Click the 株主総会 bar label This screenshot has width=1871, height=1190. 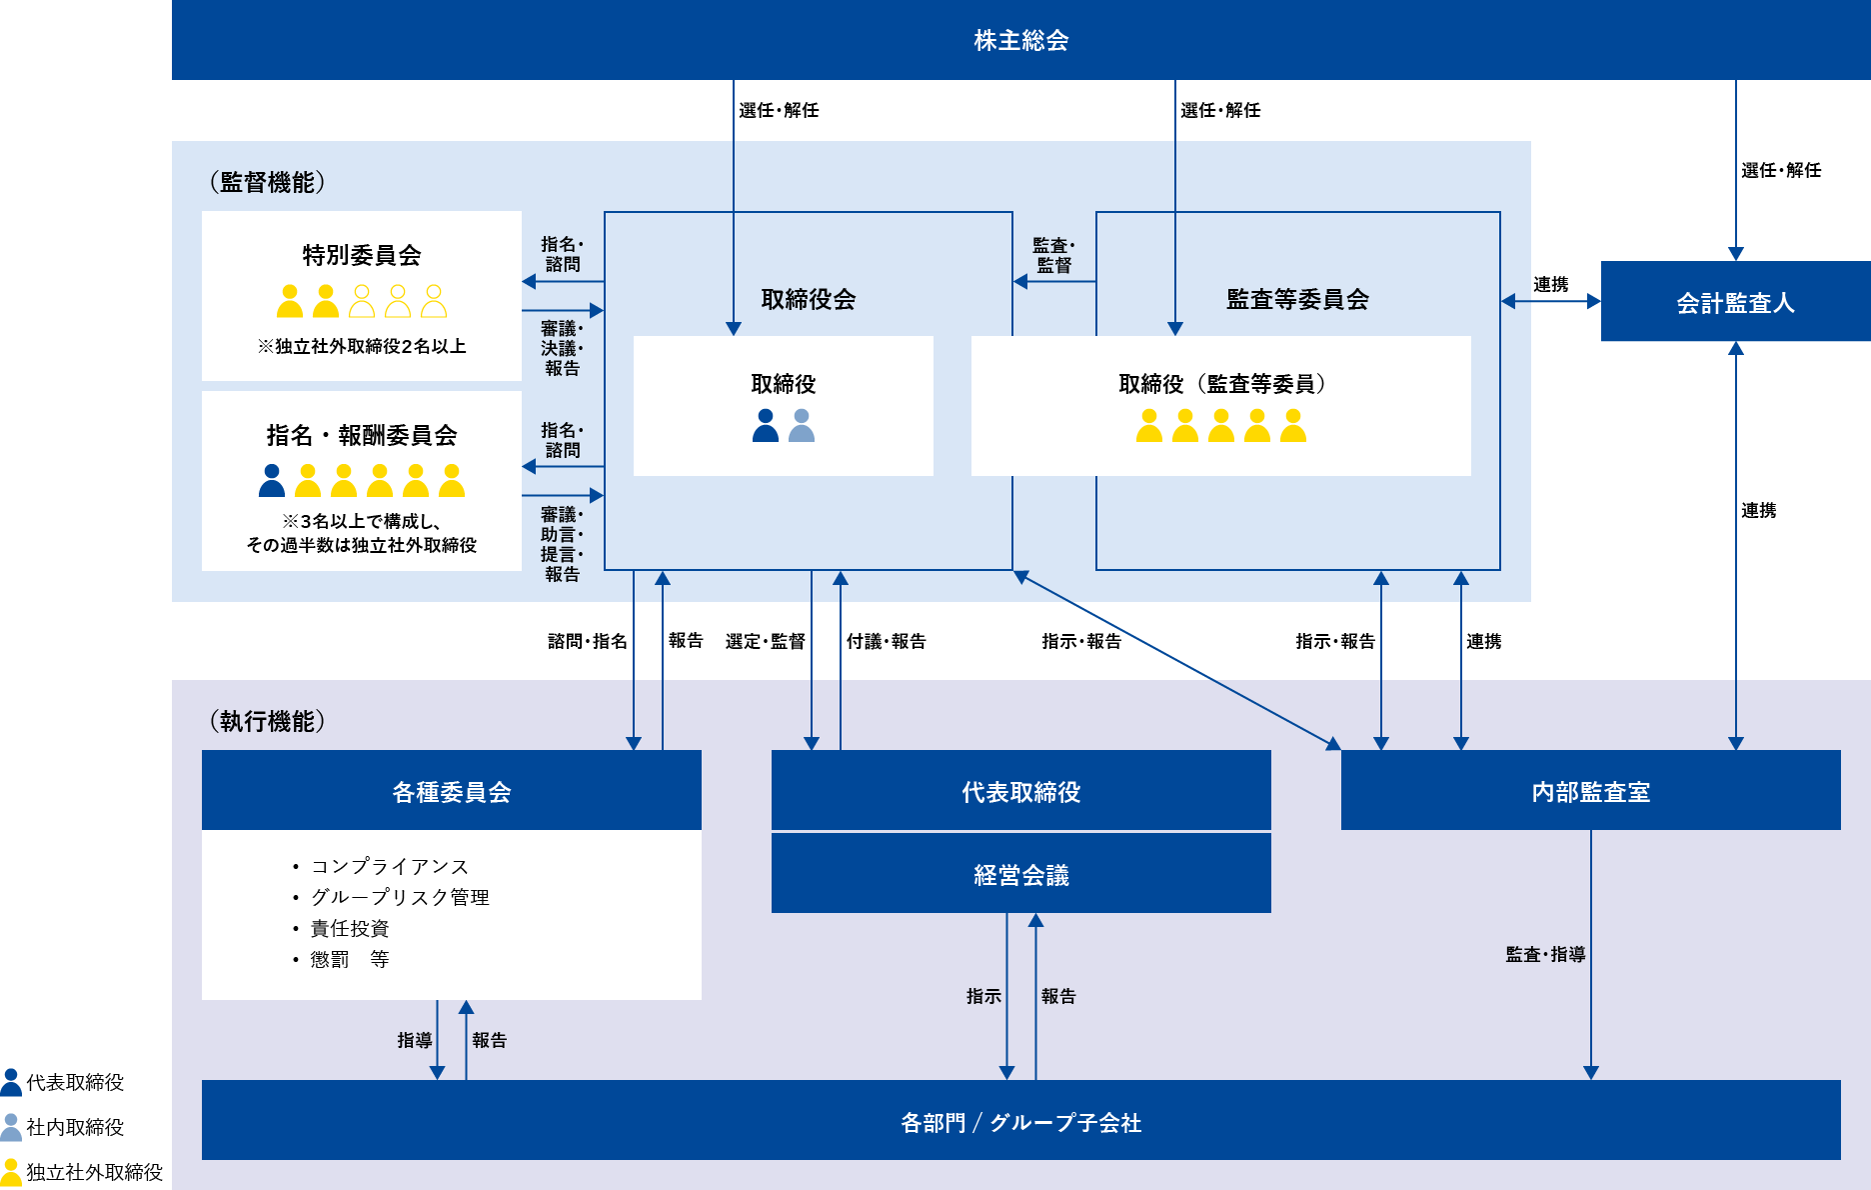click(1020, 41)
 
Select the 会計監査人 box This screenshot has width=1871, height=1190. click(1735, 302)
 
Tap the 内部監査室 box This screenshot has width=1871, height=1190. click(1590, 791)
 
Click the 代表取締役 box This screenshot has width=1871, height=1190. click(1020, 791)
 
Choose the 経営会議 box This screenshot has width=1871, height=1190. click(1020, 874)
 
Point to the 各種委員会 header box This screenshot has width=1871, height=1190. click(451, 791)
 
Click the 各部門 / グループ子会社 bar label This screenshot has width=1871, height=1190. click(1020, 1122)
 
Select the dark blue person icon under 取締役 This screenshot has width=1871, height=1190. click(766, 426)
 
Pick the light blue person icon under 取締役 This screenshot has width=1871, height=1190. click(802, 426)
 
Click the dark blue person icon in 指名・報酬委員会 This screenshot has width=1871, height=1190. click(272, 481)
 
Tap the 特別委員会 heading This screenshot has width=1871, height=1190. click(362, 255)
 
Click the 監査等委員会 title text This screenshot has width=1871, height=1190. click(1297, 299)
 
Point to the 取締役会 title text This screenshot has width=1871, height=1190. click(809, 299)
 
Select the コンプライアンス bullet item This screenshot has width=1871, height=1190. click(389, 866)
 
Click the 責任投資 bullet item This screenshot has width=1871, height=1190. click(349, 928)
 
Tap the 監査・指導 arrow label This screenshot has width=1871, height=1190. click(1545, 954)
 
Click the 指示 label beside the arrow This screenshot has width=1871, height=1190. click(983, 996)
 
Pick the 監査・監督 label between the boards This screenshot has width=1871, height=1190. click(1053, 255)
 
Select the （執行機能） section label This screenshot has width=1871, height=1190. click(267, 721)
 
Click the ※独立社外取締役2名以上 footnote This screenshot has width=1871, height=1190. click(362, 346)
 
